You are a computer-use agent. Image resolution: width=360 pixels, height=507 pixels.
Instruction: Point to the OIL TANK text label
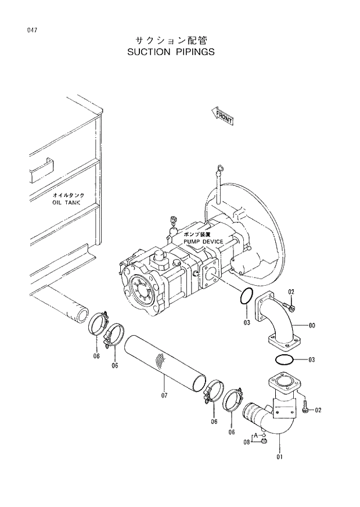tap(68, 203)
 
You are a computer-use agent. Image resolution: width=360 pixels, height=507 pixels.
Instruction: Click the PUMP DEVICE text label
tap(203, 241)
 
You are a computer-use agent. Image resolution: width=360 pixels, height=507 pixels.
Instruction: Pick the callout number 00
tap(311, 326)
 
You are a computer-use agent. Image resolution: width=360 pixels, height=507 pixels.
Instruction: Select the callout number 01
tap(279, 456)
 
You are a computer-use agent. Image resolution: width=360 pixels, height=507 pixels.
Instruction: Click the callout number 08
tap(246, 443)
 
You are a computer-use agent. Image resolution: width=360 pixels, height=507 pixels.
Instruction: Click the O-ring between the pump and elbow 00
tap(246, 297)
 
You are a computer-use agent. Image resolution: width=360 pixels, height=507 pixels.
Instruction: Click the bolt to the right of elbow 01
tap(305, 407)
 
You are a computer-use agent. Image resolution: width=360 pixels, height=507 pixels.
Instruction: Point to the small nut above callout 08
tap(263, 441)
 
